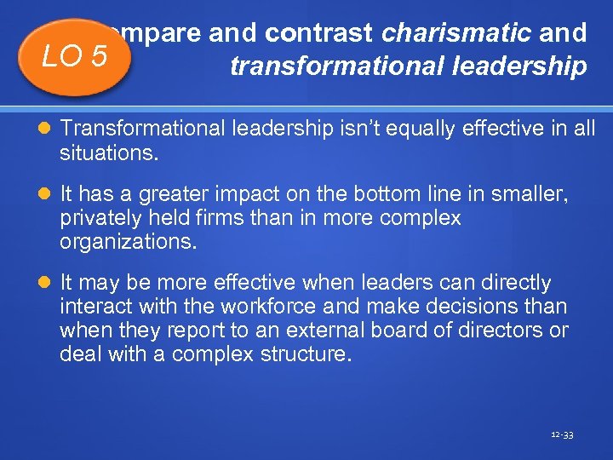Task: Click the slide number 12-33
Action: point(562,434)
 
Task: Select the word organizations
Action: point(128,241)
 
